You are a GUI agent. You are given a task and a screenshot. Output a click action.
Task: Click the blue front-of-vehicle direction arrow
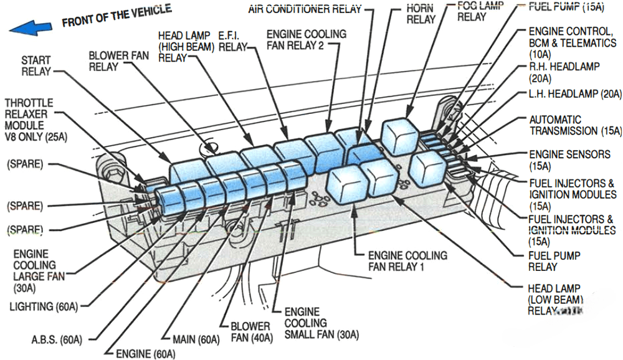click(x=31, y=27)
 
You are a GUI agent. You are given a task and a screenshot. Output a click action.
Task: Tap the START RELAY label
click(x=36, y=65)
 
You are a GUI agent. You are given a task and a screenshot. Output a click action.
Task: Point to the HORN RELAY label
click(x=421, y=13)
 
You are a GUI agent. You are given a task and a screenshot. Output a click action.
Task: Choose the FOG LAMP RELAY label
click(x=472, y=11)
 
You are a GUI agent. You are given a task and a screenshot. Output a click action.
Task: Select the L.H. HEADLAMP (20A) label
click(x=575, y=94)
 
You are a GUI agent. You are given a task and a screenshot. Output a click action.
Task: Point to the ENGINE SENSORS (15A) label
click(x=569, y=159)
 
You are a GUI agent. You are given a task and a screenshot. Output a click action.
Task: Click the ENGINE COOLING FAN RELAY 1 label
click(x=407, y=261)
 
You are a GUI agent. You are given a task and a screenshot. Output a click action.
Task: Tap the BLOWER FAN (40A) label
click(x=250, y=332)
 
